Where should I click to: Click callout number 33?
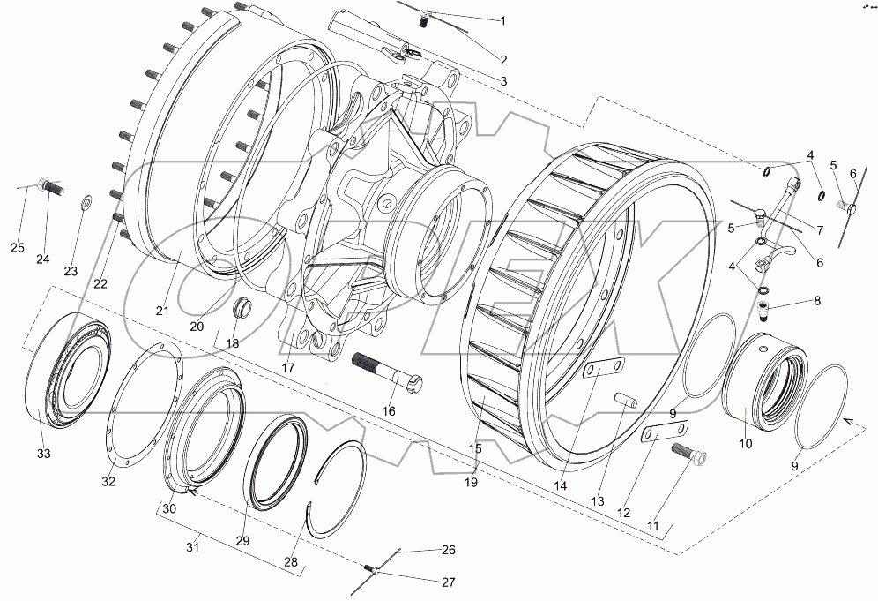[x=44, y=454]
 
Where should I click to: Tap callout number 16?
[x=389, y=411]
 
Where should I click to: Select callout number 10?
[x=745, y=444]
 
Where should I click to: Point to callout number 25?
[x=18, y=247]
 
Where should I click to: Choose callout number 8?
[x=816, y=301]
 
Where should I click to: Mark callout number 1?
[x=503, y=20]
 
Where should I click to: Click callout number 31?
[x=192, y=548]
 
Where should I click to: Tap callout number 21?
[x=162, y=310]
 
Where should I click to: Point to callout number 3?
[x=503, y=81]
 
